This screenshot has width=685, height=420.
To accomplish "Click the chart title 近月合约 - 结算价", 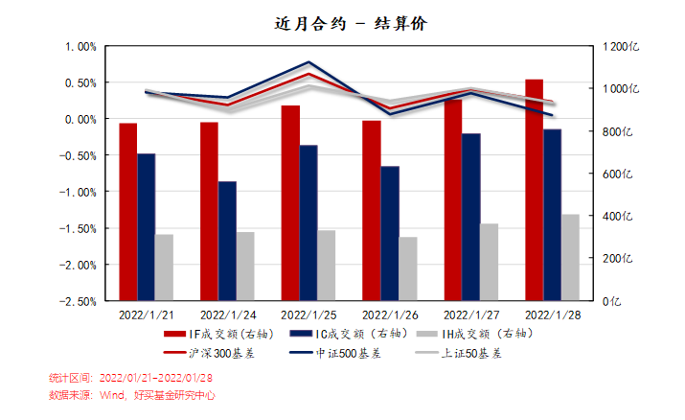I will tap(343, 24).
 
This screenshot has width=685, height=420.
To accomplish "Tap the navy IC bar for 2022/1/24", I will tap(227, 241).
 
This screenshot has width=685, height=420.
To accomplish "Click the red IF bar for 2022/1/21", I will tap(128, 212).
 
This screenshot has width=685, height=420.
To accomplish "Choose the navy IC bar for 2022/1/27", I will tap(470, 217).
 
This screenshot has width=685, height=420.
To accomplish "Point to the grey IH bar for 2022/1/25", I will tap(328, 265).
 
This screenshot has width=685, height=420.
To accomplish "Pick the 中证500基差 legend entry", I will tap(348, 353).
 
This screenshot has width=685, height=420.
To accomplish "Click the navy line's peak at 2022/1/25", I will tap(308, 62).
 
